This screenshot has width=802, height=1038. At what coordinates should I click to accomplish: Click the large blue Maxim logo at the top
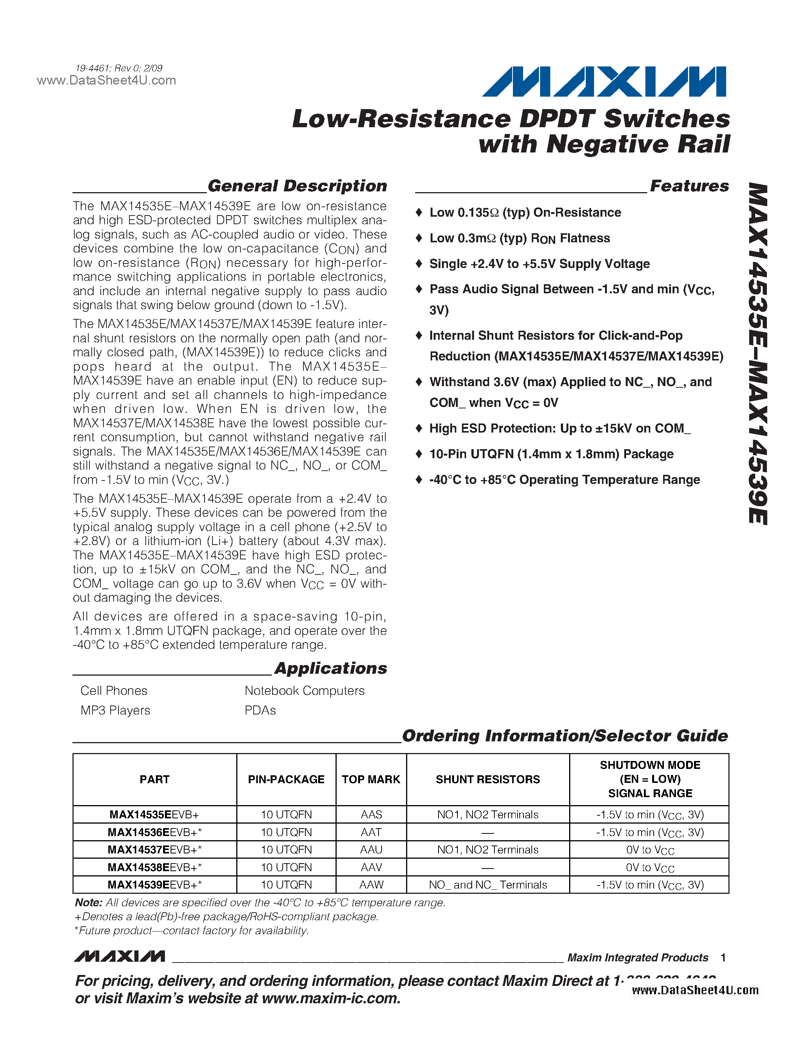[604, 82]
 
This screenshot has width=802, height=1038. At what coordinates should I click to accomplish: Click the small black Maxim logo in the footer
[119, 956]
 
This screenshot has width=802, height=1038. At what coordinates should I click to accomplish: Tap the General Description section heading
[297, 186]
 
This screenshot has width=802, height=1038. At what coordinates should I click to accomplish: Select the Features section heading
[689, 186]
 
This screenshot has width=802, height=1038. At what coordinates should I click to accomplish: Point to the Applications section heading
[331, 668]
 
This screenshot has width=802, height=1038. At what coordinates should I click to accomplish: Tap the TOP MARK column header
[371, 779]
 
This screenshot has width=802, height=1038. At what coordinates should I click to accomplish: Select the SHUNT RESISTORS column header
[488, 779]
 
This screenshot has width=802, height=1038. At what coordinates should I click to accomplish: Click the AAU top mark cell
[371, 849]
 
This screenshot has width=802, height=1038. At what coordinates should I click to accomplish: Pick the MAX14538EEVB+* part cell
[154, 867]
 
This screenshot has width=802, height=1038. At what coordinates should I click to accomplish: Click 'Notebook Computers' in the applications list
[304, 691]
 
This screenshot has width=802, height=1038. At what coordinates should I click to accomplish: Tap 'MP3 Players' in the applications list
[115, 710]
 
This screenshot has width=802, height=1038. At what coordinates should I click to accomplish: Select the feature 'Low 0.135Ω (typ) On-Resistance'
[525, 213]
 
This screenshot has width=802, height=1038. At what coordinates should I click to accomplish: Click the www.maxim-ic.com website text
[331, 998]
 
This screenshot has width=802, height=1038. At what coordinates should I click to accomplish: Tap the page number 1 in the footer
[723, 957]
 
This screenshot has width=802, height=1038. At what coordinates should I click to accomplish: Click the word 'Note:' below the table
[89, 902]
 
